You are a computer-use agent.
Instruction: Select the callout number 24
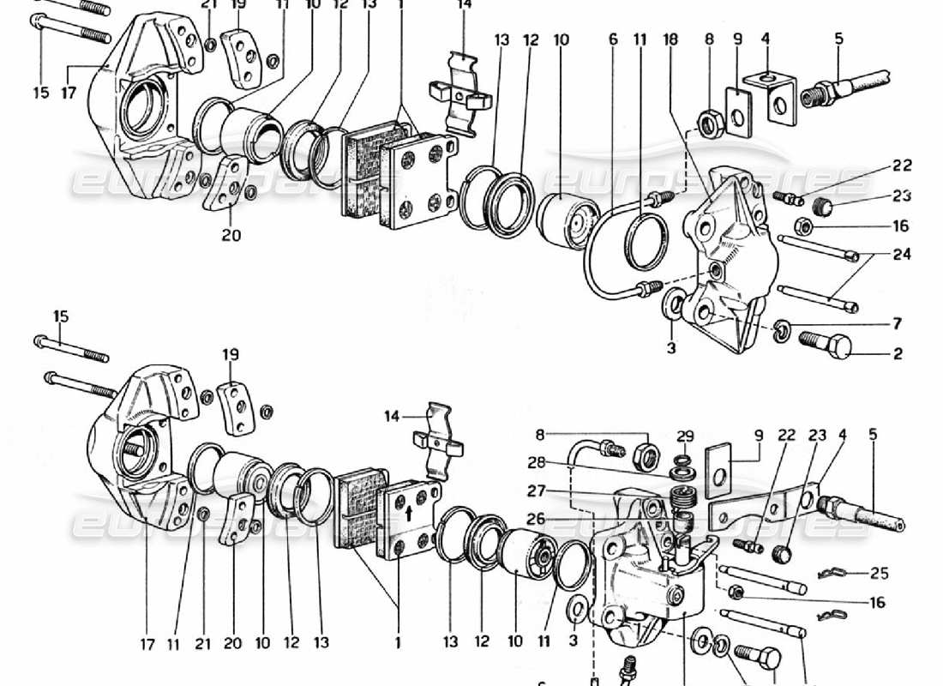[900, 255]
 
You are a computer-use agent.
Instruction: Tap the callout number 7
[897, 324]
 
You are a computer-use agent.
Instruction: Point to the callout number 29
[684, 436]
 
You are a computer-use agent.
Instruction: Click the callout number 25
[878, 572]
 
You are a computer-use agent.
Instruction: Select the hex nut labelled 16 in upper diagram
[803, 228]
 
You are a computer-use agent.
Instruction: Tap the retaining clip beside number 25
[837, 574]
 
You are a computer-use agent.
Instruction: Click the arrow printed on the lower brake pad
[409, 514]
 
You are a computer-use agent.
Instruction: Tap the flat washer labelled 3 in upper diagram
[674, 302]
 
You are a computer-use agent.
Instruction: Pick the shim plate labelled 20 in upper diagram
[229, 184]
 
